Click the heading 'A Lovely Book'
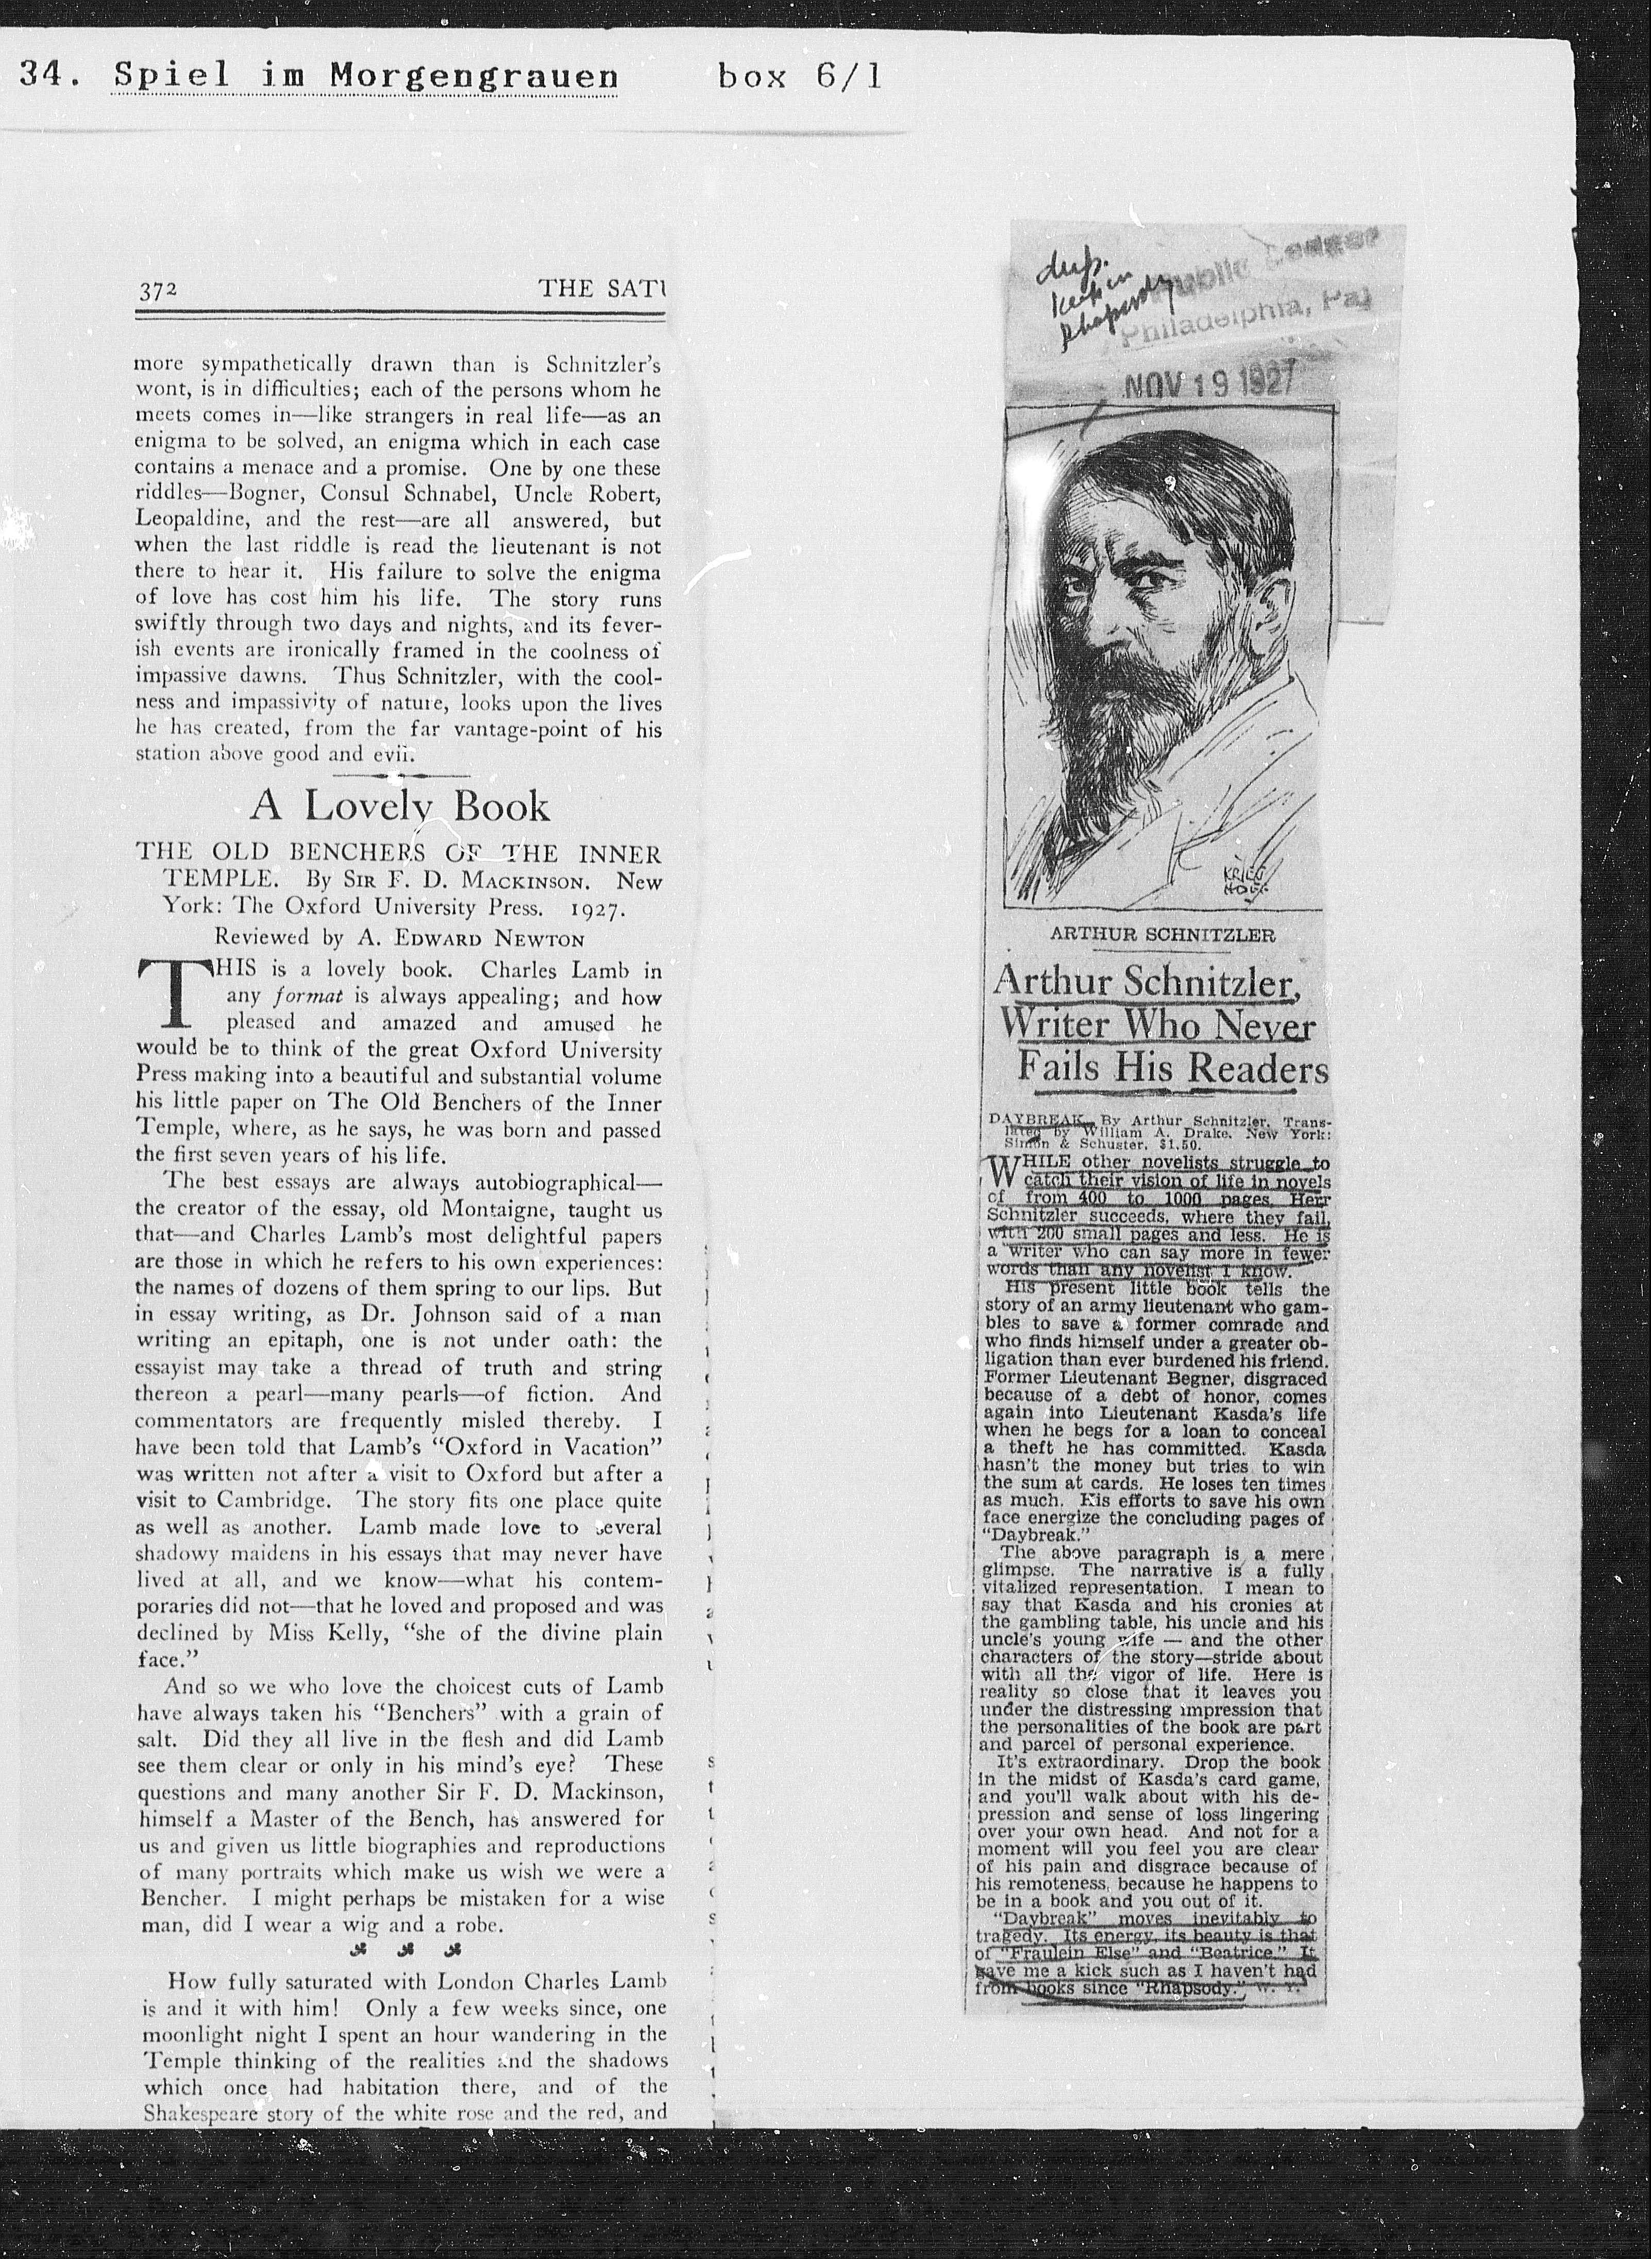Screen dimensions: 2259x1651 click(x=399, y=805)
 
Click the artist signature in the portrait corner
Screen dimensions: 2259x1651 click(x=1243, y=878)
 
